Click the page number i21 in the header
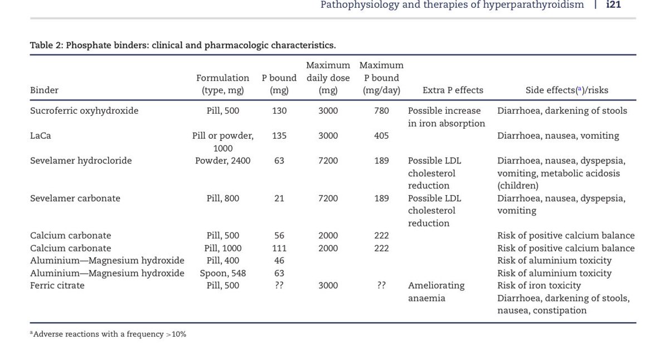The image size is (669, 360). point(613,5)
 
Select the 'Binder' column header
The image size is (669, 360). point(44,90)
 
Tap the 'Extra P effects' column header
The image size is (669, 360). point(453,90)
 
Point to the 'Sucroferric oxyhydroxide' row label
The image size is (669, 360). point(84,111)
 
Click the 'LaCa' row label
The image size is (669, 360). point(41,136)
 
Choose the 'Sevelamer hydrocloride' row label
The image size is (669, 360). point(81,161)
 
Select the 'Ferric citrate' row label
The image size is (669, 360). point(57,286)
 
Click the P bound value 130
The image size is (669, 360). point(279,111)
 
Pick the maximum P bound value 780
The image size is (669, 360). point(381,111)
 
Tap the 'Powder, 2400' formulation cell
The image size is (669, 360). point(222,161)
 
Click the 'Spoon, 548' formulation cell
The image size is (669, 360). point(222,274)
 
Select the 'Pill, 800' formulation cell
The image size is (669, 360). point(222,198)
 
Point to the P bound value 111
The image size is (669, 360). point(279,249)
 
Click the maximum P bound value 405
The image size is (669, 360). point(381,136)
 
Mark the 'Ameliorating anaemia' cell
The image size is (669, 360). point(436,292)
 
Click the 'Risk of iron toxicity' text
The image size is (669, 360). point(539,286)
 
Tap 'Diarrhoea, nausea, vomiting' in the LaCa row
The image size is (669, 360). point(558,136)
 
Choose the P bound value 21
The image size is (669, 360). point(279,198)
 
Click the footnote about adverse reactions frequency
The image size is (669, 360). point(109,334)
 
